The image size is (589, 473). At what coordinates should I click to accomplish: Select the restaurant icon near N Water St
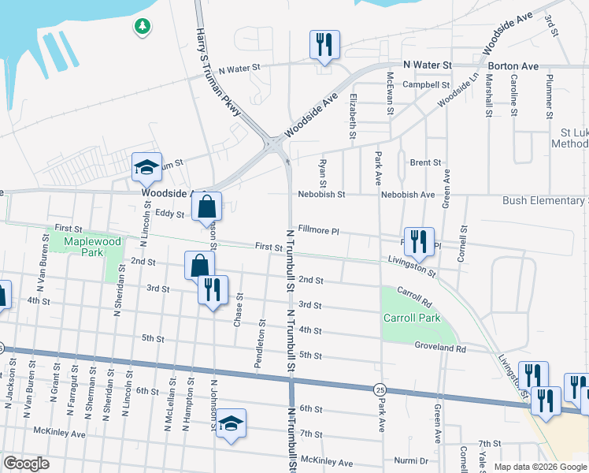click(324, 45)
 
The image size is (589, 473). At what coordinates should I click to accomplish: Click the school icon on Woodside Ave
click(146, 167)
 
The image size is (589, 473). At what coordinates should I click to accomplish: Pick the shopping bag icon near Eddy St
click(206, 207)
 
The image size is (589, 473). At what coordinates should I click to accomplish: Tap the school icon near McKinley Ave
click(231, 424)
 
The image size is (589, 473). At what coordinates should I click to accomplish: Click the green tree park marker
click(142, 28)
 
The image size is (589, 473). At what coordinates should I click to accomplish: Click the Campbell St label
click(426, 84)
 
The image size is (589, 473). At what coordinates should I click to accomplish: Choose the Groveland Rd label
click(441, 348)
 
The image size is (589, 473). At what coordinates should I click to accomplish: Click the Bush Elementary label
click(545, 201)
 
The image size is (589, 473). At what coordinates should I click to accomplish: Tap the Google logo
click(26, 464)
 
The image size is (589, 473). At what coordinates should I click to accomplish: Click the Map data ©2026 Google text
click(539, 467)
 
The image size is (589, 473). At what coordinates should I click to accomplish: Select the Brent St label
click(425, 162)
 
